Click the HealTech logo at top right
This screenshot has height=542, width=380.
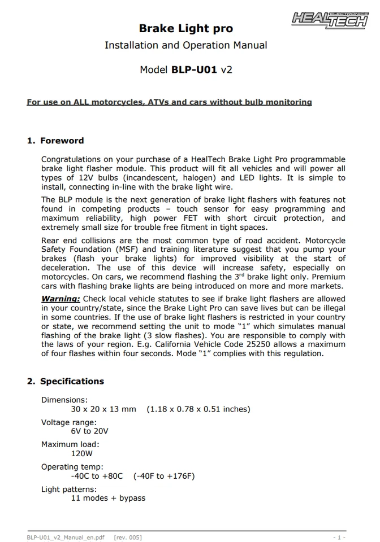tap(329, 19)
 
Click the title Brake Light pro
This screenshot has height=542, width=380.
tap(186, 28)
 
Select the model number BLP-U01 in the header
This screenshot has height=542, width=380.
tap(194, 70)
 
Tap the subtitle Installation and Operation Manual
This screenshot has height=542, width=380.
tap(186, 45)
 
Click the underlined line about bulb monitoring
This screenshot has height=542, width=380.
tap(169, 102)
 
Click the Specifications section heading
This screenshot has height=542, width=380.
tap(66, 381)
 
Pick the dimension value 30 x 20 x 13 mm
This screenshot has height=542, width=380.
tap(103, 409)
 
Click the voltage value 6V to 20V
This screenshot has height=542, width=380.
tap(90, 431)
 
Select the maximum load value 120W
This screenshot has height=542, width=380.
tap(82, 453)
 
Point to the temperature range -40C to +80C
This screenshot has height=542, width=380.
tap(97, 476)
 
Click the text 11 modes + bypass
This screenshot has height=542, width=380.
tap(108, 498)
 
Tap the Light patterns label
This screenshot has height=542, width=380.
tap(69, 489)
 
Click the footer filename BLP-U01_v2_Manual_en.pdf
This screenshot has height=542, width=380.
tap(66, 537)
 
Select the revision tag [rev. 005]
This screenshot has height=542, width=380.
tap(128, 537)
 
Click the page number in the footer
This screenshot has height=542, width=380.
tap(339, 537)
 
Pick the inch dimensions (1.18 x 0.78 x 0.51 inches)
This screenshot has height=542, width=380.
tap(198, 409)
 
